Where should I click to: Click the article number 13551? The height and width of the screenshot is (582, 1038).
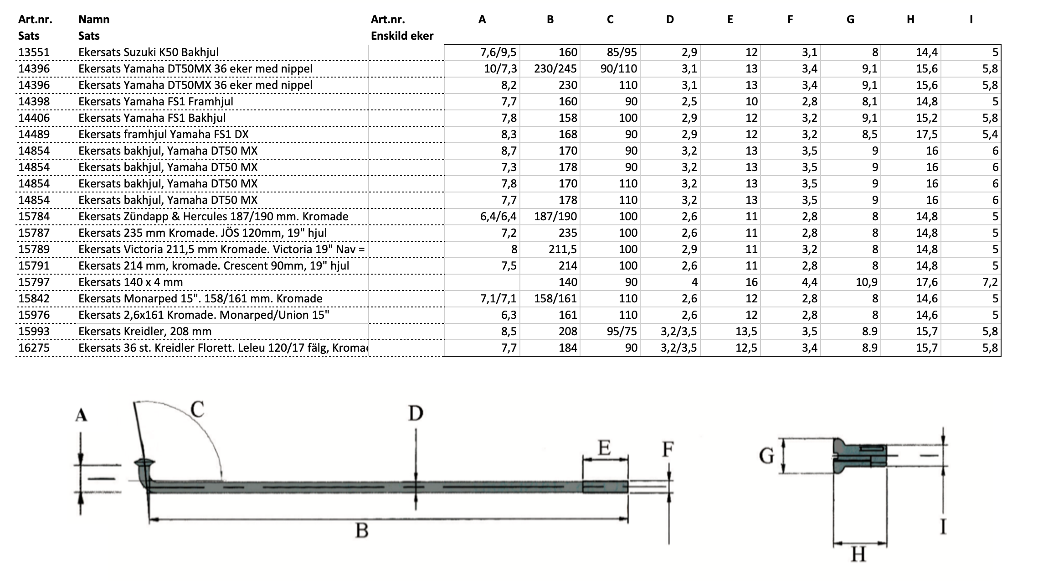pos(34,52)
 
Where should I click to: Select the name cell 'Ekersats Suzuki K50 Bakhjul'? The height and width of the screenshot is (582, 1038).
pos(149,52)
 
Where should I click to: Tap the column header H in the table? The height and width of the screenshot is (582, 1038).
pos(910,19)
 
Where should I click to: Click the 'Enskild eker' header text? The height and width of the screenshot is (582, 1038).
pos(402,36)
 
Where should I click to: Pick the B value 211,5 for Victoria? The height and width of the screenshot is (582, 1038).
pos(561,249)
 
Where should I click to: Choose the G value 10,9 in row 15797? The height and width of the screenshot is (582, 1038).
pos(867,282)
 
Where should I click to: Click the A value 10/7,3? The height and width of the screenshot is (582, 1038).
pos(500,68)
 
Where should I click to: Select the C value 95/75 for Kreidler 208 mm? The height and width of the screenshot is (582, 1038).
pos(622,331)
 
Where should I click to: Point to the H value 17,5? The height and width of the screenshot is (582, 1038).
pos(927,134)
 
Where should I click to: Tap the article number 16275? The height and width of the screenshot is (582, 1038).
pos(34,348)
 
